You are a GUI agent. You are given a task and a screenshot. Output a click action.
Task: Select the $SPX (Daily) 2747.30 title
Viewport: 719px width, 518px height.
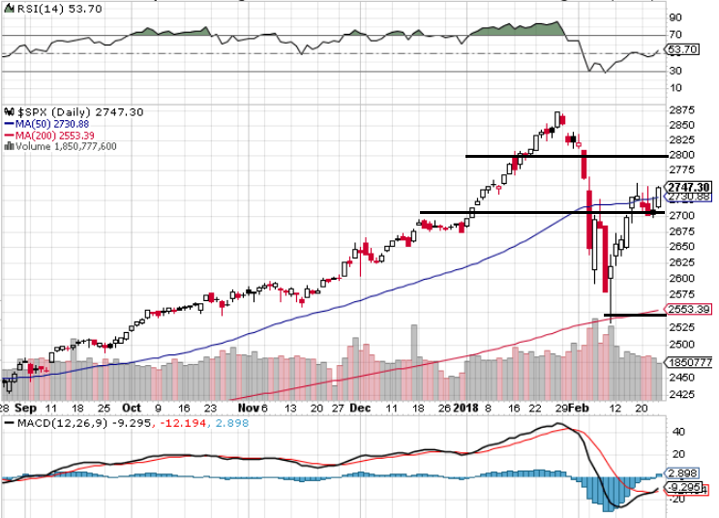coord(75,112)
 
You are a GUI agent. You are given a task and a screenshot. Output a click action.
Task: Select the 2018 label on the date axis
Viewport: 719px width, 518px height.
coord(466,409)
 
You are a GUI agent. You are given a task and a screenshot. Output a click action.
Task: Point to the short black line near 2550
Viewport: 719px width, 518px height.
coord(635,315)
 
